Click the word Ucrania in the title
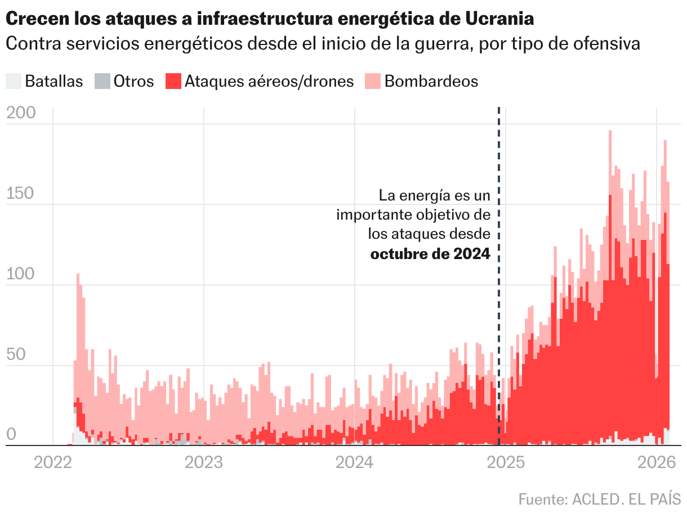pos(500,19)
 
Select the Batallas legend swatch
pos(13,81)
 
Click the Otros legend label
pos(133,81)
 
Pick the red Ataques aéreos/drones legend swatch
pos(173,81)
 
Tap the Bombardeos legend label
pos(431,81)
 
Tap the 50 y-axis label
pos(17,355)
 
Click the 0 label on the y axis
pos(11,435)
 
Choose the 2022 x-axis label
pos(53,463)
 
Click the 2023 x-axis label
pos(204,463)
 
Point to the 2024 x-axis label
pos(355,463)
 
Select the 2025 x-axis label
pos(505,463)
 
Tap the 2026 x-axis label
pos(656,463)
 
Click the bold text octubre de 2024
pos(430,254)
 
